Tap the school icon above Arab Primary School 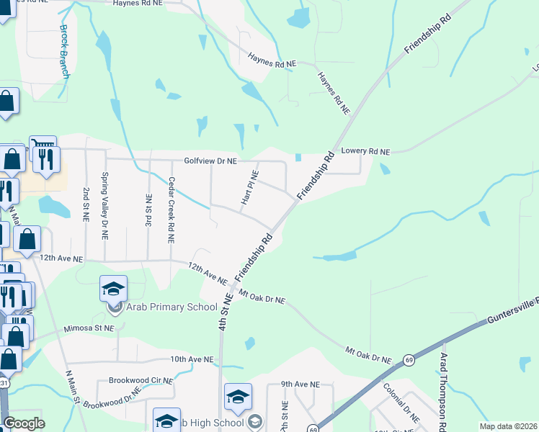click(x=114, y=289)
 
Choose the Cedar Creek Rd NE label click(x=171, y=210)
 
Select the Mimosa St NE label click(x=89, y=328)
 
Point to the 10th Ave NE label click(x=192, y=359)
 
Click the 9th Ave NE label click(x=300, y=384)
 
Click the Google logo click(x=24, y=423)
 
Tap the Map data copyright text click(x=508, y=426)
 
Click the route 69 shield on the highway click(x=409, y=359)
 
